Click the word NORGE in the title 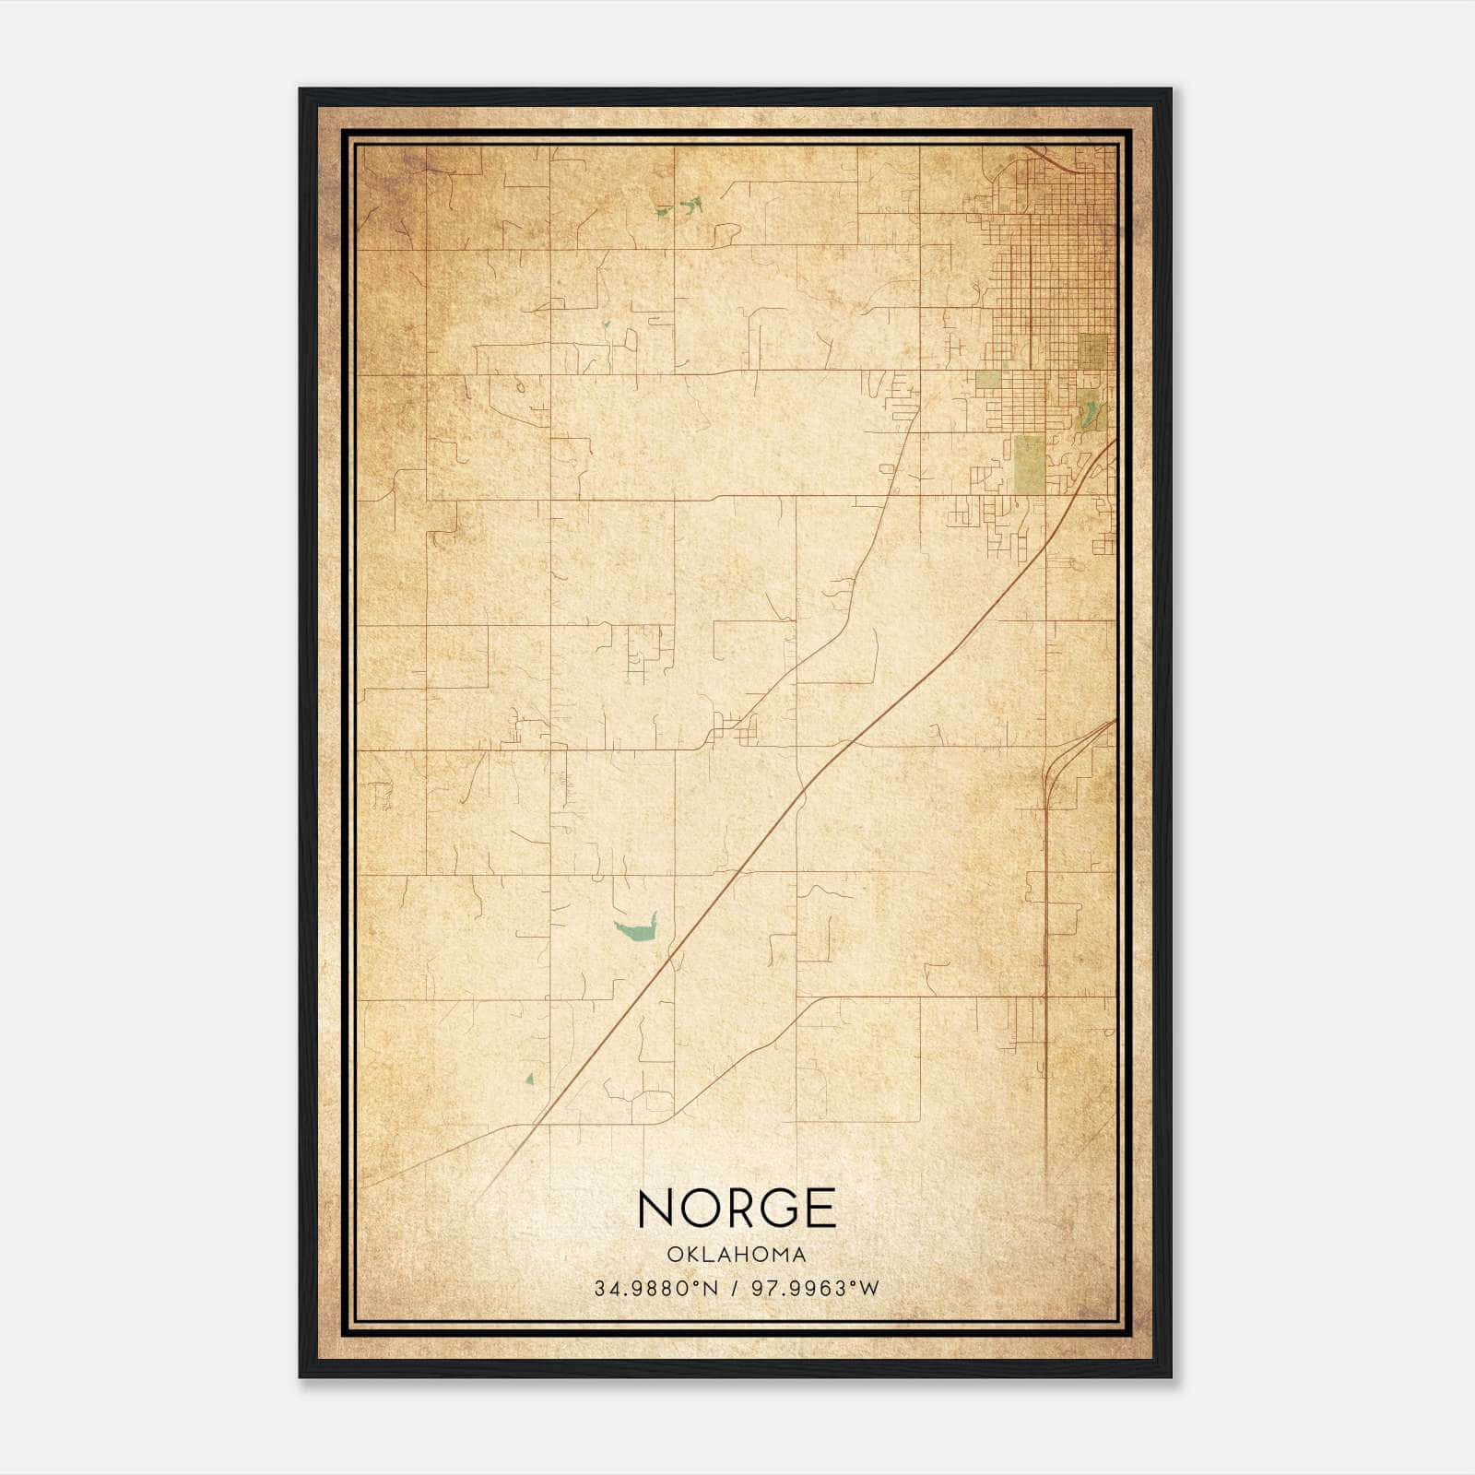737,1209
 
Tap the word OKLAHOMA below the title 737,1255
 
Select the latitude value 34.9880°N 655,1288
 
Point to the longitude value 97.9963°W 816,1288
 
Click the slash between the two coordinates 734,1288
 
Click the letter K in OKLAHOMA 690,1255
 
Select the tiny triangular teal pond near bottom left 529,1079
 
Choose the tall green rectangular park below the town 1029,464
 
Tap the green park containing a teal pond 1091,408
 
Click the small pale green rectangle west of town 987,380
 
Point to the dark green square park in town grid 1092,350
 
